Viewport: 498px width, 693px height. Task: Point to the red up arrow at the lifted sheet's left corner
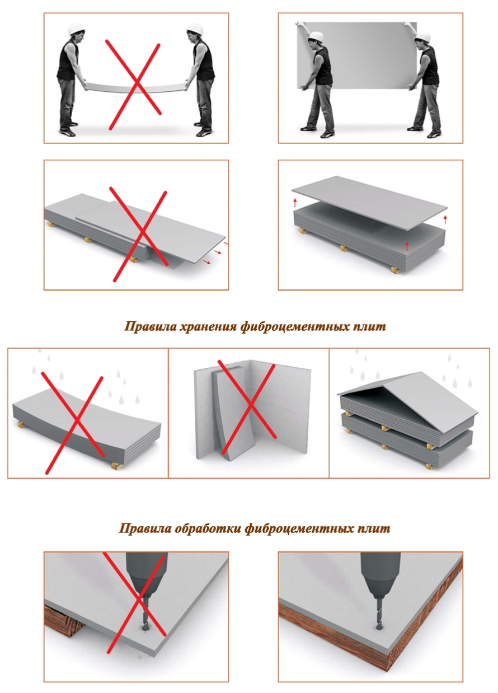pos(295,203)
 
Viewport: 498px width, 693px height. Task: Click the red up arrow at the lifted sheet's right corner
pos(445,219)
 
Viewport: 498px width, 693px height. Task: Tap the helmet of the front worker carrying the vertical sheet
pos(316,36)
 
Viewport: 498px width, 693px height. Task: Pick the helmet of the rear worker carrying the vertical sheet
pos(422,37)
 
